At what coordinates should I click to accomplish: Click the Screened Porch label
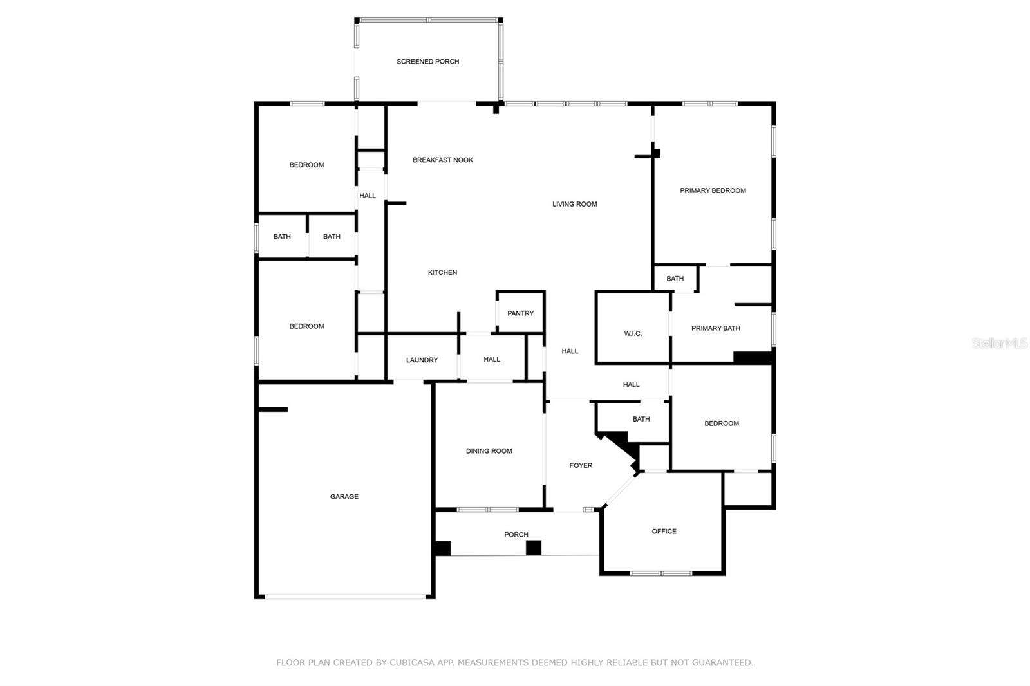pyautogui.click(x=427, y=62)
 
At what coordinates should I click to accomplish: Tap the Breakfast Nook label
pyautogui.click(x=442, y=160)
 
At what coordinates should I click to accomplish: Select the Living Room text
pyautogui.click(x=574, y=204)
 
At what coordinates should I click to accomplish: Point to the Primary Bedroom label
pyautogui.click(x=713, y=190)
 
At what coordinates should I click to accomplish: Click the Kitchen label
pyautogui.click(x=442, y=272)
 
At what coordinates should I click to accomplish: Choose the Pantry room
pyautogui.click(x=520, y=313)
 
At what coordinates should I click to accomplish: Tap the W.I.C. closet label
pyautogui.click(x=633, y=333)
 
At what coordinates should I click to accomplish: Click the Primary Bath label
pyautogui.click(x=715, y=328)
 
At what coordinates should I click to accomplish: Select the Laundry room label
pyautogui.click(x=422, y=360)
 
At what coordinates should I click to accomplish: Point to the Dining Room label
pyautogui.click(x=489, y=451)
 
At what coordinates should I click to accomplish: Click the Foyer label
pyautogui.click(x=581, y=465)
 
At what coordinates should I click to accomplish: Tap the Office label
pyautogui.click(x=664, y=531)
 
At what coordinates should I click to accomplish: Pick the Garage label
pyautogui.click(x=344, y=496)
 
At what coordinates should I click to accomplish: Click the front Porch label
pyautogui.click(x=516, y=535)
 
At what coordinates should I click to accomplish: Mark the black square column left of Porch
pyautogui.click(x=442, y=548)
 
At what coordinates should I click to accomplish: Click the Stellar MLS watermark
pyautogui.click(x=999, y=343)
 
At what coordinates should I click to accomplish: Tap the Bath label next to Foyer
pyautogui.click(x=641, y=419)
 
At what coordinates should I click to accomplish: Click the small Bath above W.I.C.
pyautogui.click(x=675, y=279)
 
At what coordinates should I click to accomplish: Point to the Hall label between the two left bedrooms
pyautogui.click(x=367, y=196)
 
